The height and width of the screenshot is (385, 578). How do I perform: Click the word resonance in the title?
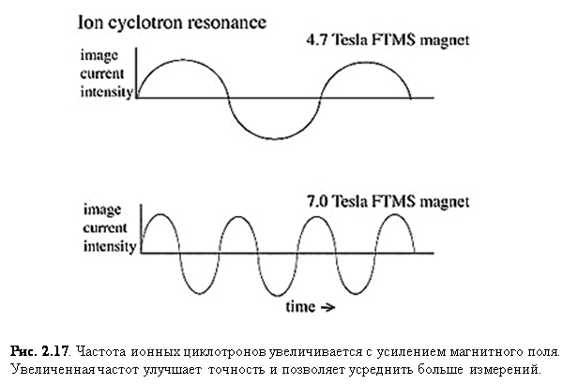click(227, 23)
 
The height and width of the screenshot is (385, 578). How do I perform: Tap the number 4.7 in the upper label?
click(316, 39)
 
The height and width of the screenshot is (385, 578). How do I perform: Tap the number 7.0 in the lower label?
click(317, 202)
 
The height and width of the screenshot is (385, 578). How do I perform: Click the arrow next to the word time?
click(327, 307)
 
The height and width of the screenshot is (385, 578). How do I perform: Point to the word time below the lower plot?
click(300, 306)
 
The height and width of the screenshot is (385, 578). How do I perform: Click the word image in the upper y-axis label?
click(99, 56)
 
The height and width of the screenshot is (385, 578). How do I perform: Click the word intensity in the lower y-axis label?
click(110, 246)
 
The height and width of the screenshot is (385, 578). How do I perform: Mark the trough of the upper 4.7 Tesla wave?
click(274, 139)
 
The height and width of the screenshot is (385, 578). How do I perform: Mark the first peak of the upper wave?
click(183, 60)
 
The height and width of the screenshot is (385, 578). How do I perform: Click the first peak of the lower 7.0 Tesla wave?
click(160, 214)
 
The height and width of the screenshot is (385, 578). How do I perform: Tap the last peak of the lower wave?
click(395, 214)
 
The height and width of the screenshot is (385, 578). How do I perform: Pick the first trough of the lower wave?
click(200, 294)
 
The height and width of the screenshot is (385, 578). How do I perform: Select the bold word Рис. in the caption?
click(24, 351)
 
